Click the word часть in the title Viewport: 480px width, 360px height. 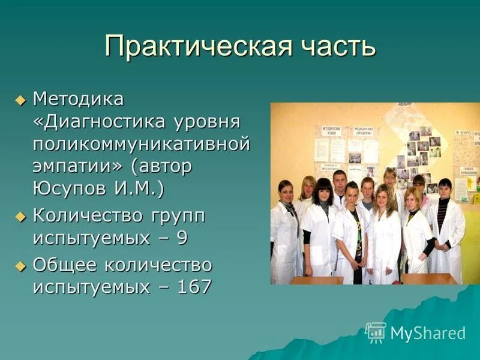(x=329, y=46)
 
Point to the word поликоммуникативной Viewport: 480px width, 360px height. (x=141, y=144)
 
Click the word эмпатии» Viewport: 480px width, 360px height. (x=75, y=166)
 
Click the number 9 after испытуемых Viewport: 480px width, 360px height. (x=181, y=238)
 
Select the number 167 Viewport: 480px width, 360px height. (x=194, y=287)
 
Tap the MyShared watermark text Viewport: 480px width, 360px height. (x=428, y=334)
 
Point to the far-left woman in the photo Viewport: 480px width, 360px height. (x=284, y=234)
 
